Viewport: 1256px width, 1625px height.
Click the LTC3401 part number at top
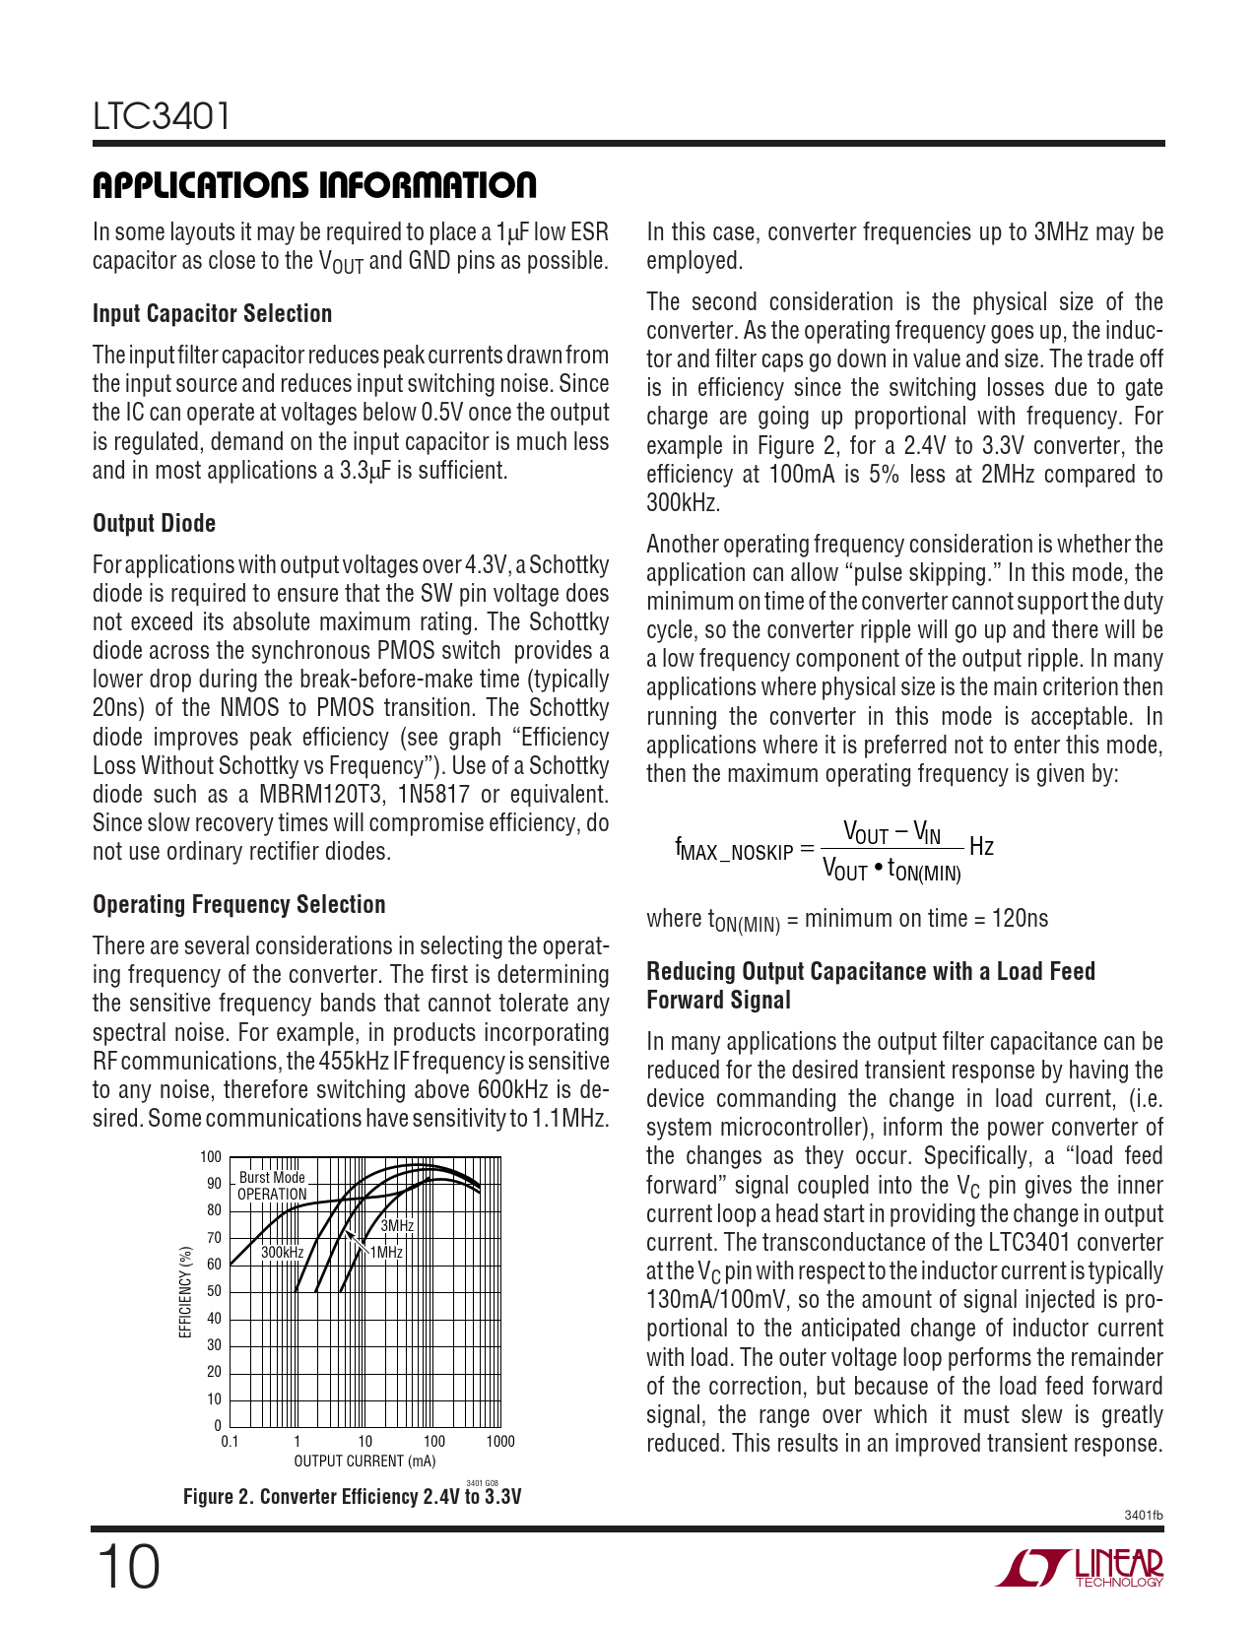(163, 116)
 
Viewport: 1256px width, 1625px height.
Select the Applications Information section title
(314, 185)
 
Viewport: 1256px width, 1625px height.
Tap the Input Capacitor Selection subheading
(212, 313)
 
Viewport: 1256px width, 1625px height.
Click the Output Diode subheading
(154, 523)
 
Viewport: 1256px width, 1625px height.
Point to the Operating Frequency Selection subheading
(238, 904)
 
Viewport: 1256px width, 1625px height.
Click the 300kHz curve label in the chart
(282, 1252)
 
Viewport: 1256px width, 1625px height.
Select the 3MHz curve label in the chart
(397, 1226)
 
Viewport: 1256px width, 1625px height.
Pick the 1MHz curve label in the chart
(386, 1252)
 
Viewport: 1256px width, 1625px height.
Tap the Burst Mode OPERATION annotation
(272, 1186)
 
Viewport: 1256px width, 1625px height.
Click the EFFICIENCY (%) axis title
(184, 1291)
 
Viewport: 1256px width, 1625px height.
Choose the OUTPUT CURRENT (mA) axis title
(364, 1462)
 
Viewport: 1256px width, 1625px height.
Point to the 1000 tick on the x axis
(500, 1442)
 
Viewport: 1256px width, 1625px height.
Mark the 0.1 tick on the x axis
(230, 1442)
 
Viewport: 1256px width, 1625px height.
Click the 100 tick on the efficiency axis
(211, 1157)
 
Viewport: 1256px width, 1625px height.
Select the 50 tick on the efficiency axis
(214, 1291)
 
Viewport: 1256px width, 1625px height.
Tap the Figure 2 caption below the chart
(352, 1497)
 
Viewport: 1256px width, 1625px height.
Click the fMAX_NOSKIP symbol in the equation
(734, 849)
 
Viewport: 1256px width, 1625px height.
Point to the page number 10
(127, 1567)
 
